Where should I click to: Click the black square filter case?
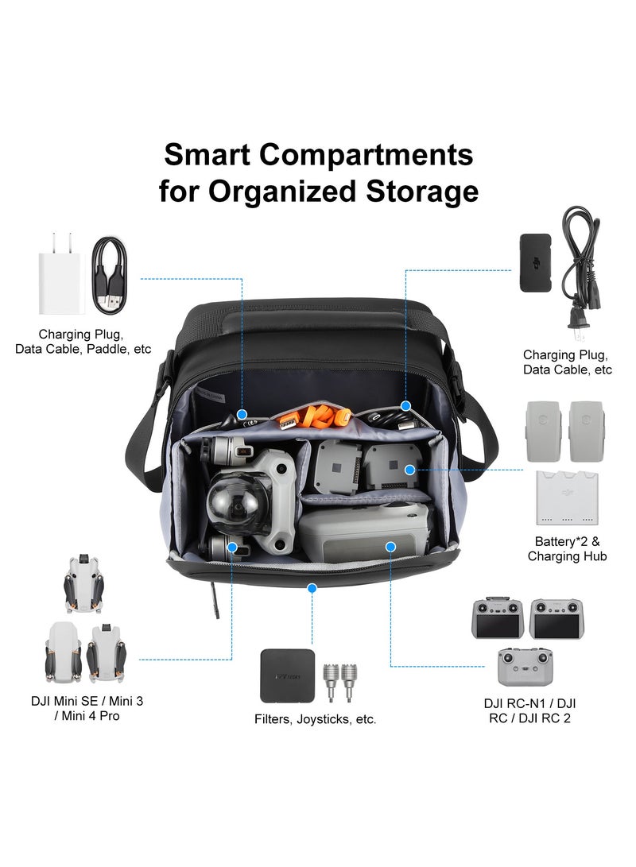pyautogui.click(x=287, y=675)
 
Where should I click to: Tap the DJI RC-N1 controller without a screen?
pyautogui.click(x=525, y=668)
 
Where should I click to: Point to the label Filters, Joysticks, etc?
pyautogui.click(x=316, y=719)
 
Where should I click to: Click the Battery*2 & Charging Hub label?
pyautogui.click(x=567, y=548)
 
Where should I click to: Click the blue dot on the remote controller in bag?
pyautogui.click(x=390, y=546)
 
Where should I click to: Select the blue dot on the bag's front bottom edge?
pyautogui.click(x=312, y=588)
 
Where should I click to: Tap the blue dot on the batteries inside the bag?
pyautogui.click(x=409, y=470)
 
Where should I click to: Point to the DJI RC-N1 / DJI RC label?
pyautogui.click(x=529, y=710)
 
